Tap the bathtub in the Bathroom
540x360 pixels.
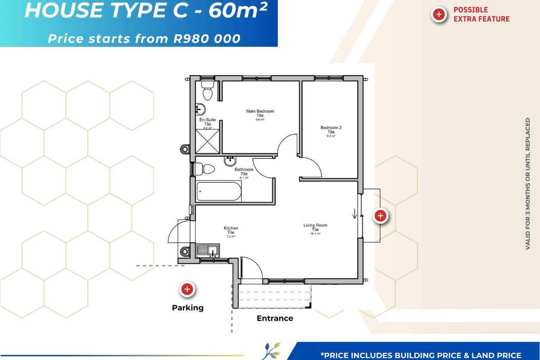[219, 192]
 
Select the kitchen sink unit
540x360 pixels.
[208, 250]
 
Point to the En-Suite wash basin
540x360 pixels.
[201, 108]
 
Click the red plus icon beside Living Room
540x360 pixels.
[380, 216]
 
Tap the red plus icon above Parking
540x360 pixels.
[187, 289]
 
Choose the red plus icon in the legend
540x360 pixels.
[439, 14]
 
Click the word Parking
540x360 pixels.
[188, 308]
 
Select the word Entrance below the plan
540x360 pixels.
[275, 319]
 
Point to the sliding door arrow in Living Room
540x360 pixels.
[355, 213]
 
